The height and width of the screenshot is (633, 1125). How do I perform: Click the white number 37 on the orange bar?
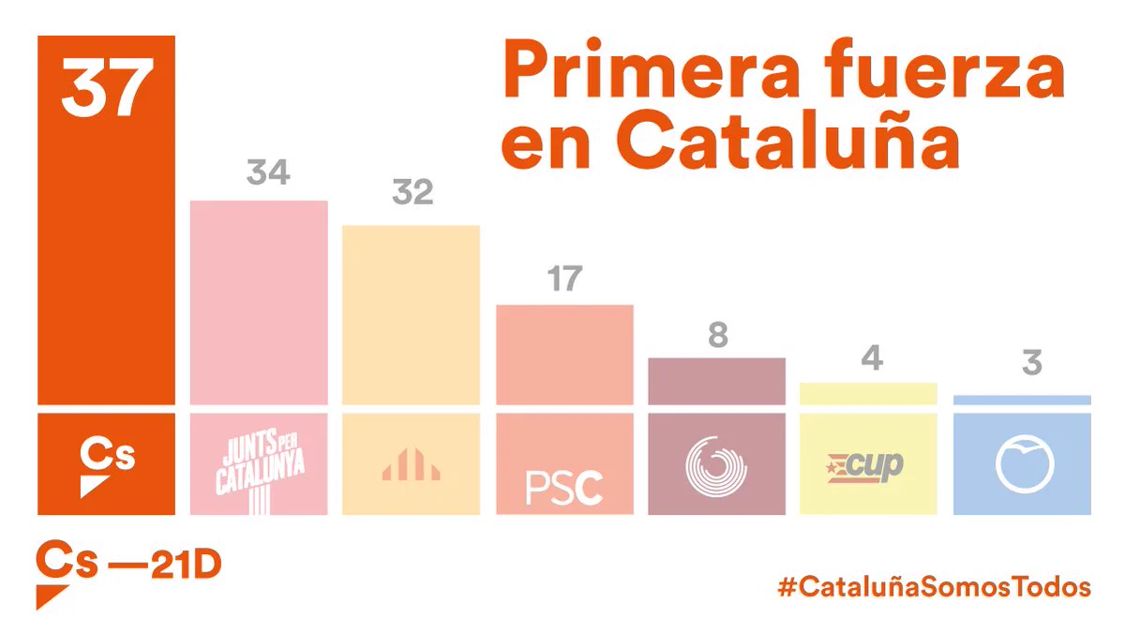[107, 87]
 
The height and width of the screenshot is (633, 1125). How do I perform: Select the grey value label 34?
[268, 172]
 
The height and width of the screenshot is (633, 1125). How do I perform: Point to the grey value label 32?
[412, 191]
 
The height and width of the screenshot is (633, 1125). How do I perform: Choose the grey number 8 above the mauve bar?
[718, 335]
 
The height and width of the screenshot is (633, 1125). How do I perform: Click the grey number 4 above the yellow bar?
[872, 357]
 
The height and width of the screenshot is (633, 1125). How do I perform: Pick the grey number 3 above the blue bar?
[1032, 362]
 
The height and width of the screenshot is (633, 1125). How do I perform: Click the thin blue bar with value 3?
[1022, 399]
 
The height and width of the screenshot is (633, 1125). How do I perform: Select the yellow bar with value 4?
[868, 394]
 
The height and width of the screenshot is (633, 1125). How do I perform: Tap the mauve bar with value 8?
[716, 382]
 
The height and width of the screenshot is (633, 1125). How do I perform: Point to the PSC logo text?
[564, 488]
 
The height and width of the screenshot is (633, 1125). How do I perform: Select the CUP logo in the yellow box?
[864, 467]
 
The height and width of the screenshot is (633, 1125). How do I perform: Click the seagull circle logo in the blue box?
[1025, 463]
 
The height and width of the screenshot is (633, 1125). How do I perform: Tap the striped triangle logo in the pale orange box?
[411, 464]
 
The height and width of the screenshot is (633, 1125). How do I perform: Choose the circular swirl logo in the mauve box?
[716, 467]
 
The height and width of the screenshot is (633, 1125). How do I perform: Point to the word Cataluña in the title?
[788, 140]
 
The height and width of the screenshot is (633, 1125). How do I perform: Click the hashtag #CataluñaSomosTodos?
[934, 586]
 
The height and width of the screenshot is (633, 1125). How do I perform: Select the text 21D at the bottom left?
[186, 564]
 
